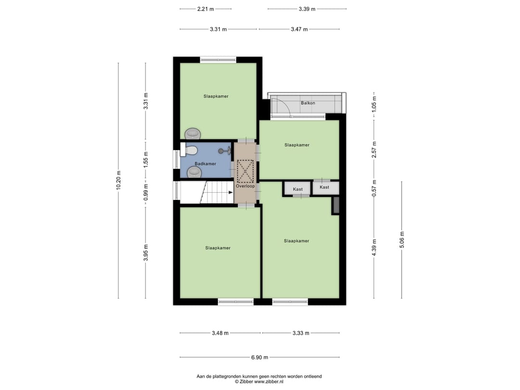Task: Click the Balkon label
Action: (x=308, y=103)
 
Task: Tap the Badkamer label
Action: (x=206, y=164)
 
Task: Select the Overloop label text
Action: (x=245, y=186)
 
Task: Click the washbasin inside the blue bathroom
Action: (x=194, y=172)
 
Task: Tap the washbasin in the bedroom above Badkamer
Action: (x=193, y=133)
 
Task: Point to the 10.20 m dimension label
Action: (x=118, y=180)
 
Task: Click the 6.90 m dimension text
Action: (x=259, y=357)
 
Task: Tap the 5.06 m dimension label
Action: (x=402, y=239)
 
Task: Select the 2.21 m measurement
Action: (x=206, y=9)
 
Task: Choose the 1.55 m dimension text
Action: (x=146, y=159)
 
